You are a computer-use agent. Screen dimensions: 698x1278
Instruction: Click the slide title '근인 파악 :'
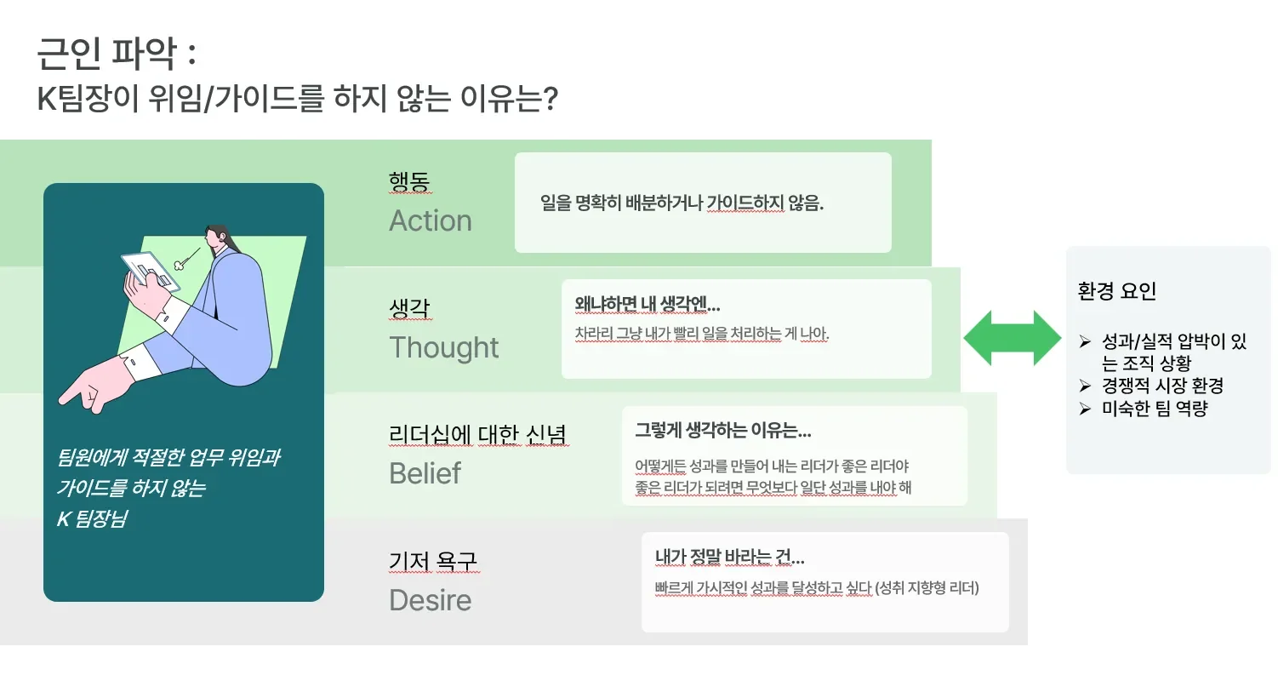click(117, 54)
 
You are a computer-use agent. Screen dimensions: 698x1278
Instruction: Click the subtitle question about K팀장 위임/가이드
click(297, 99)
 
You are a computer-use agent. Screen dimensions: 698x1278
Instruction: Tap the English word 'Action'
click(431, 220)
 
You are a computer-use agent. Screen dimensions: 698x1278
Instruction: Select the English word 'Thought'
click(443, 347)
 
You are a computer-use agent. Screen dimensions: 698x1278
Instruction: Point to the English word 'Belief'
click(425, 473)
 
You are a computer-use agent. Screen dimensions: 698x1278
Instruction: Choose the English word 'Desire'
click(430, 600)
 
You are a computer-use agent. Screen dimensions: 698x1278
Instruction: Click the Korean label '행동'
click(409, 181)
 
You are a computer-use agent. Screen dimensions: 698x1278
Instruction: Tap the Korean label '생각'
click(409, 307)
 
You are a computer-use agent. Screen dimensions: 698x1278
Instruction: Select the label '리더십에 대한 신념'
click(477, 434)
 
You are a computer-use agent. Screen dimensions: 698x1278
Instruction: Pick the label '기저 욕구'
click(433, 561)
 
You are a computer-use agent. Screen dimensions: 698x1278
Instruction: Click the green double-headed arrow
click(1012, 338)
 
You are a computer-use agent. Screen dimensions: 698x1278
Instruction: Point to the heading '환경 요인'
click(1116, 291)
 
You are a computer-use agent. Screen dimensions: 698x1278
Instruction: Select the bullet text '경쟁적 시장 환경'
click(1162, 386)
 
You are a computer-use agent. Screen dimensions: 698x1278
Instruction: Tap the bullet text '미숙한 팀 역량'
click(1155, 409)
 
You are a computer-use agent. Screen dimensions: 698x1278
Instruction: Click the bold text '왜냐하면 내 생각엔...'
click(648, 304)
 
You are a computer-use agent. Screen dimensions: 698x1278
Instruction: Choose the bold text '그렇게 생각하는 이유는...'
click(723, 430)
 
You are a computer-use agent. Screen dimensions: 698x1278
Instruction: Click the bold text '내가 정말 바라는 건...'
click(729, 557)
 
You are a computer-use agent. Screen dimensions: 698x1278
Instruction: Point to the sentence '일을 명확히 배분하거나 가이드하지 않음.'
click(682, 203)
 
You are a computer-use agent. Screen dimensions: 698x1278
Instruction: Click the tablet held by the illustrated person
click(151, 272)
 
